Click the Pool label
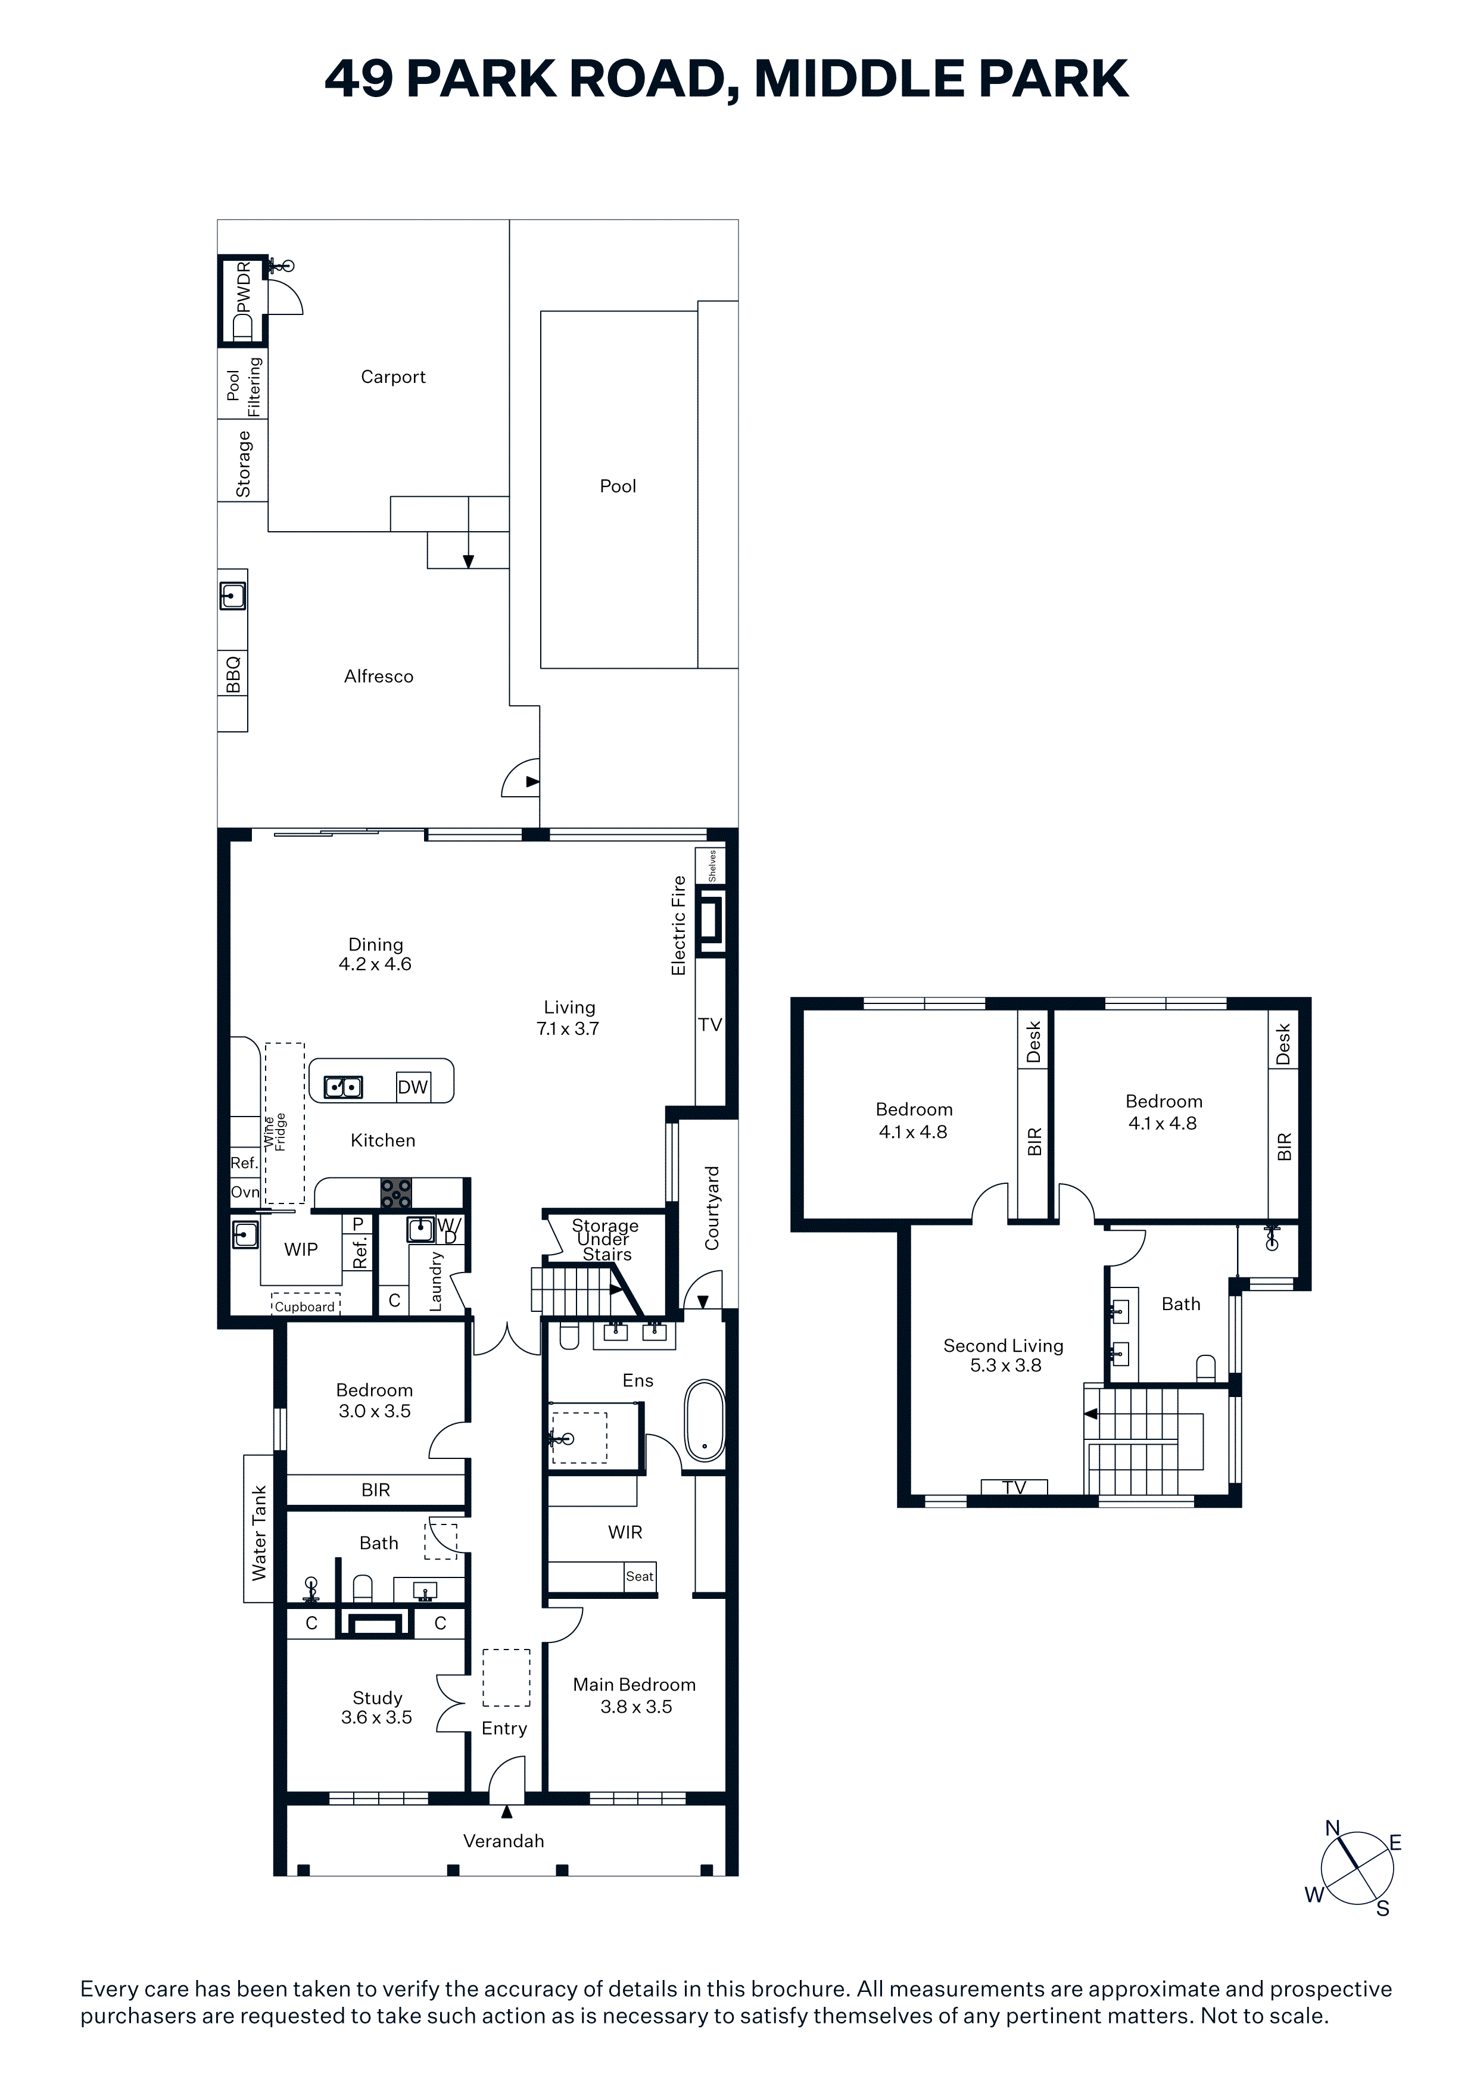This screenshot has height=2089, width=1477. click(618, 486)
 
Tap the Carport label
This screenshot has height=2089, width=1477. click(393, 377)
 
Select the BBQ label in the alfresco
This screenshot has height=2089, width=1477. click(233, 674)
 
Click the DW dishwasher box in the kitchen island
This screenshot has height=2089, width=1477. click(412, 1086)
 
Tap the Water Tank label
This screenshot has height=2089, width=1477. click(258, 1532)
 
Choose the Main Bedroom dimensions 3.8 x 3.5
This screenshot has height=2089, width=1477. click(636, 1707)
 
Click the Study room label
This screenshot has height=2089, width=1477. click(378, 1698)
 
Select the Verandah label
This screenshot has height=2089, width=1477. click(503, 1841)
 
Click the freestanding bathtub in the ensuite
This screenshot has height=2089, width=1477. click(705, 1420)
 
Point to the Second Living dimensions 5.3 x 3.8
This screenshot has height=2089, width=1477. click(1005, 1365)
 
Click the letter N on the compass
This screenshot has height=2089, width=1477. click(1332, 1828)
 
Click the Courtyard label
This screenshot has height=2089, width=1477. click(712, 1207)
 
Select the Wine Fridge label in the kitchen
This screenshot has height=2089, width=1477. click(275, 1132)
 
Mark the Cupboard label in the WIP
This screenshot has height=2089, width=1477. click(305, 1307)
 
